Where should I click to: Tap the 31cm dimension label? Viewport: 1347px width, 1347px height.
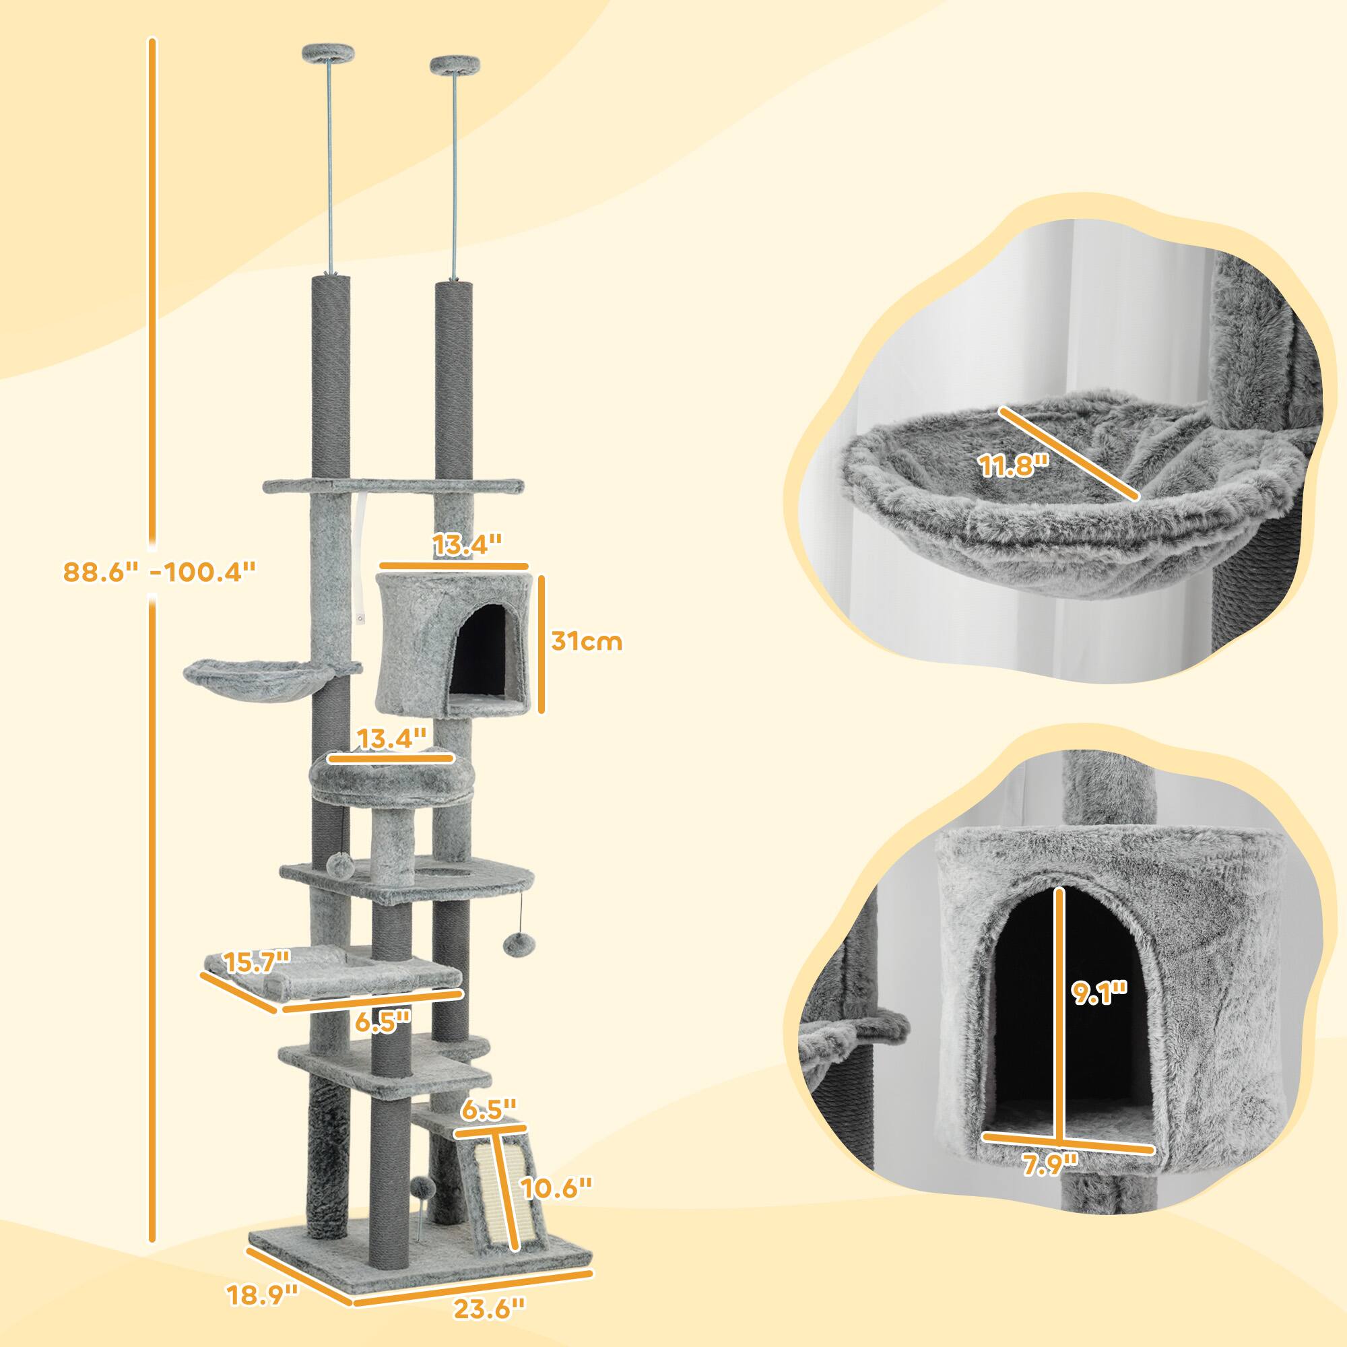tap(586, 640)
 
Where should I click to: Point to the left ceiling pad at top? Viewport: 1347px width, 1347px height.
tap(327, 53)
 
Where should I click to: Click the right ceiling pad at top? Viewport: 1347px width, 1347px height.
tap(455, 65)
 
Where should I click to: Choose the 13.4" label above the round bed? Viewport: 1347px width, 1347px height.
tap(391, 737)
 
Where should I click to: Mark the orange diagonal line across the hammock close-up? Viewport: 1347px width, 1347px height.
tap(1068, 454)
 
